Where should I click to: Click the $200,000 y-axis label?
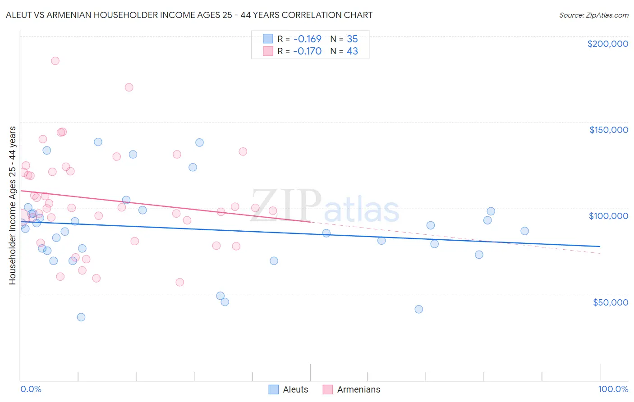pyautogui.click(x=607, y=44)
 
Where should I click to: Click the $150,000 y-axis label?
pyautogui.click(x=608, y=130)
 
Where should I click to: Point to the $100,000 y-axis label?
pyautogui.click(x=608, y=216)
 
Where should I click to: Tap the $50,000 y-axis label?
pyautogui.click(x=610, y=302)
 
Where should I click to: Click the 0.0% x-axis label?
pyautogui.click(x=31, y=389)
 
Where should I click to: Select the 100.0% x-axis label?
pyautogui.click(x=613, y=389)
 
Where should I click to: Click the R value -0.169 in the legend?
pyautogui.click(x=307, y=39)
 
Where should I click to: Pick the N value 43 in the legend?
pyautogui.click(x=352, y=51)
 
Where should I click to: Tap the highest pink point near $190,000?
pyautogui.click(x=55, y=61)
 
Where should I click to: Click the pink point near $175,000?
pyautogui.click(x=129, y=87)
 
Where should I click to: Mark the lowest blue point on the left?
pyautogui.click(x=81, y=317)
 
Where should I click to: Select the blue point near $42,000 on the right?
pyautogui.click(x=419, y=309)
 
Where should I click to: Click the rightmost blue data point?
pyautogui.click(x=524, y=231)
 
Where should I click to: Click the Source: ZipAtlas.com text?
pyautogui.click(x=593, y=15)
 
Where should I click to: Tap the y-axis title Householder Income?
pyautogui.click(x=12, y=205)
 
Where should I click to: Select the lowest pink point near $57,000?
pyautogui.click(x=179, y=282)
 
